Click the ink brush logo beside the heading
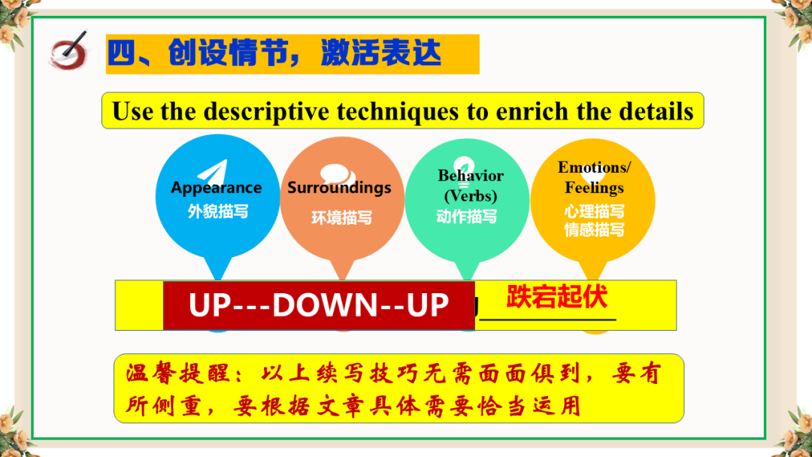(x=69, y=50)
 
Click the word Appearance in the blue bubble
(x=217, y=188)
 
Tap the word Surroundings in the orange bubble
(x=339, y=187)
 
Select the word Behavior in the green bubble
(x=470, y=175)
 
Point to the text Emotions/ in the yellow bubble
(x=594, y=167)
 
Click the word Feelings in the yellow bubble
(x=594, y=187)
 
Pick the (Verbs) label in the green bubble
(x=470, y=195)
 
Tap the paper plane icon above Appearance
(x=214, y=171)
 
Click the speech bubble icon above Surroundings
(x=337, y=174)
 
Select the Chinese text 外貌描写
(x=218, y=211)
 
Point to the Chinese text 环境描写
(x=341, y=218)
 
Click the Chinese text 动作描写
(x=467, y=216)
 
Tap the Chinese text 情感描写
(x=594, y=229)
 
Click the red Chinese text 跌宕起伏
(x=556, y=297)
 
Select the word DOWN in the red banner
(x=326, y=304)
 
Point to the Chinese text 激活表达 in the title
(x=381, y=53)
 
